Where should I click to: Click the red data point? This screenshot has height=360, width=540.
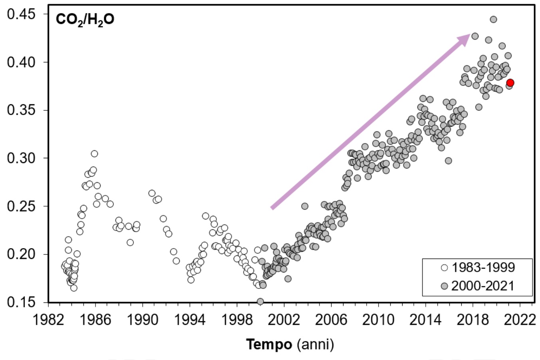coord(510,83)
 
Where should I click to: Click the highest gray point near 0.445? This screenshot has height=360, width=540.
coord(493,19)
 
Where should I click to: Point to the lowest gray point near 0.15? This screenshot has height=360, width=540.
coord(260,301)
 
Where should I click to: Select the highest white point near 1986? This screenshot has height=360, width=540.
coord(94,154)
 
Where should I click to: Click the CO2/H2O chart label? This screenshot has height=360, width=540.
coord(85,20)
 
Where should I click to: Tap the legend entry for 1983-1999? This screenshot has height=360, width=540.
coord(478,267)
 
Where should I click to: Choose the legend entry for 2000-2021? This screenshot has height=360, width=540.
coord(478,286)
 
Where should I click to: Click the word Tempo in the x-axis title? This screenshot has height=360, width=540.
coord(269,344)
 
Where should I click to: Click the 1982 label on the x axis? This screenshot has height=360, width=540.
coord(48,320)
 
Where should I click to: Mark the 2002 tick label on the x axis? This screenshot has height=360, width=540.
coord(284,320)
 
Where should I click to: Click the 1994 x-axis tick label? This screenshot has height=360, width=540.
coord(190,320)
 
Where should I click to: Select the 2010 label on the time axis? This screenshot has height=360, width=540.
coord(378,320)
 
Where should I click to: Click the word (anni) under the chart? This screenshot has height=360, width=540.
coord(315,344)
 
